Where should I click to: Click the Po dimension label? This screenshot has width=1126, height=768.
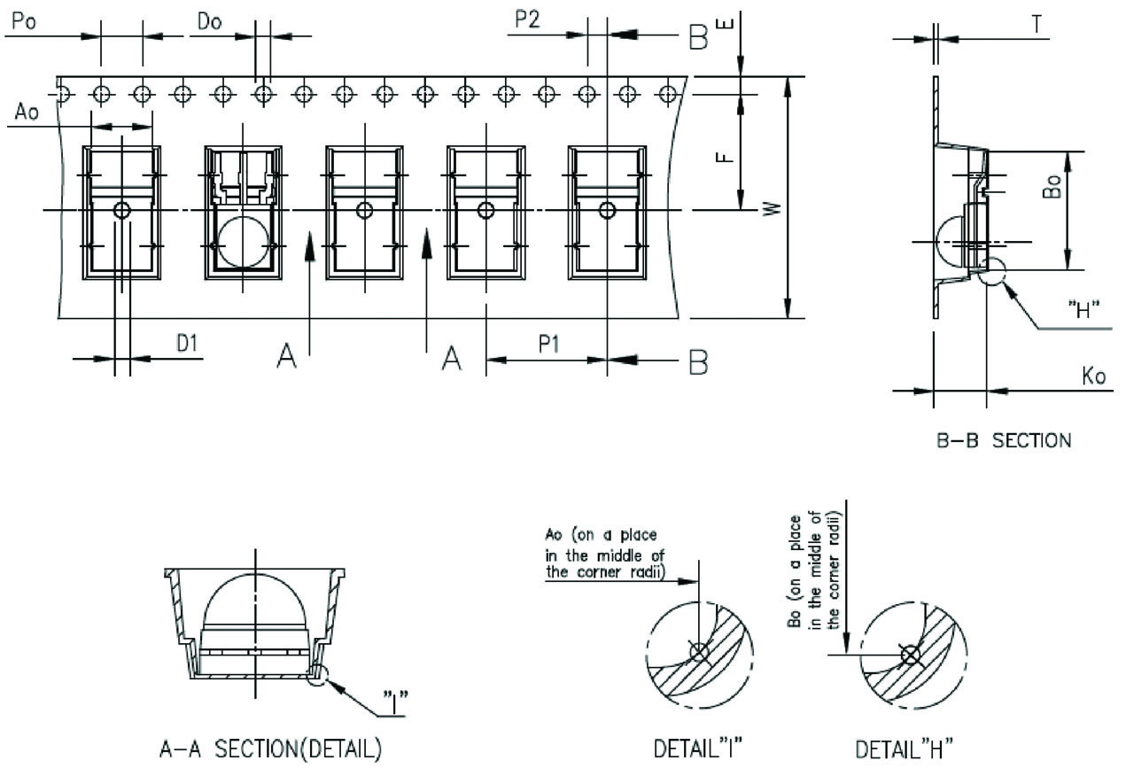click(x=24, y=21)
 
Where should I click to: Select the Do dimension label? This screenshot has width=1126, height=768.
click(x=210, y=21)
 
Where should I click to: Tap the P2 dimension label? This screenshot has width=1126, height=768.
click(x=527, y=19)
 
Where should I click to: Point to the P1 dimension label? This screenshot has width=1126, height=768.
click(x=549, y=345)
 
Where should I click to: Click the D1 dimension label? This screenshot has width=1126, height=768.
click(x=187, y=344)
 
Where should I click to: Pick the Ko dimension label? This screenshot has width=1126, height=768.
click(x=1094, y=376)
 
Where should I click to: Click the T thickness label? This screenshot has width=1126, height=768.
click(x=1037, y=24)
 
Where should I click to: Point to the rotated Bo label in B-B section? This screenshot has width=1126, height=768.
click(x=1052, y=187)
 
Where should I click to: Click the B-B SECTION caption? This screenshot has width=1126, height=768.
click(x=1004, y=441)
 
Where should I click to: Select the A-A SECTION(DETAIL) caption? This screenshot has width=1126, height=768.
click(x=270, y=749)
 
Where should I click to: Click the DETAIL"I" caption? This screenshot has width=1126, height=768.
click(x=698, y=749)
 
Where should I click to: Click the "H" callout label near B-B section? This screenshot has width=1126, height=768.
click(x=1083, y=310)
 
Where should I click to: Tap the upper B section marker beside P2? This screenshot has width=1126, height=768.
click(x=698, y=37)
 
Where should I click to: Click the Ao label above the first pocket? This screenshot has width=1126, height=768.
click(x=27, y=112)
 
